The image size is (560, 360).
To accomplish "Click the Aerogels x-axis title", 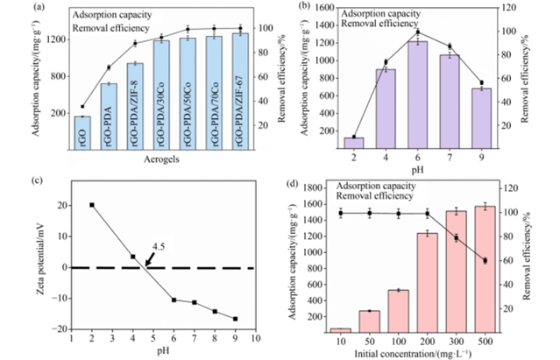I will pos(161,160).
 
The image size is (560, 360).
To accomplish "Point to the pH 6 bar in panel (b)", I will pos(418,95).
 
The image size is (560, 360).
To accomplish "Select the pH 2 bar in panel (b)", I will pos(354,144).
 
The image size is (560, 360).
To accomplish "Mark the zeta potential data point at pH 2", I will pos(92,205).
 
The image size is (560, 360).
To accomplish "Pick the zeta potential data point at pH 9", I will pos(236,319).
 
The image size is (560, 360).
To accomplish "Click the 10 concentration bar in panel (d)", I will pos(342,329).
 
